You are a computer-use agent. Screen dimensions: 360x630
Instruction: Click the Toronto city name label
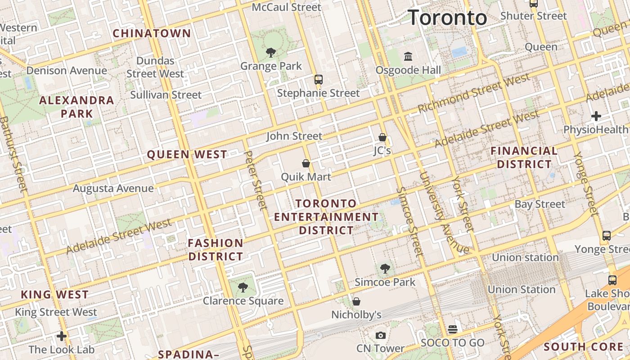click(x=447, y=18)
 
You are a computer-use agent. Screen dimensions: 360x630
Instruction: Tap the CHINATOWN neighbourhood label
click(x=152, y=33)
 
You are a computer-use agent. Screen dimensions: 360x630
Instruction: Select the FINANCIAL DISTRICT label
click(x=524, y=157)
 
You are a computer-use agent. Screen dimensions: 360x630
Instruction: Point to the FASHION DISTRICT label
click(x=216, y=250)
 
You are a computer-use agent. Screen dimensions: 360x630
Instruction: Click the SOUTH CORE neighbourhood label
click(x=583, y=346)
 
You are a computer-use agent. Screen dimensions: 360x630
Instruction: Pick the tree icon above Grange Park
click(x=270, y=53)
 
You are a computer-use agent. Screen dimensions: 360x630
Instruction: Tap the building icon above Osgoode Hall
click(x=408, y=57)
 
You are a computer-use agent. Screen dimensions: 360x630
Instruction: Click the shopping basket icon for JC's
click(x=382, y=137)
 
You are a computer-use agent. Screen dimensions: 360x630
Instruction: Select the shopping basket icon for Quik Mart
click(x=306, y=163)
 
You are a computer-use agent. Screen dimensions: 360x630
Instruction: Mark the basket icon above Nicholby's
click(x=356, y=301)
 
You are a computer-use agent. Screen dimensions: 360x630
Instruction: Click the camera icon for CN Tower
click(x=380, y=335)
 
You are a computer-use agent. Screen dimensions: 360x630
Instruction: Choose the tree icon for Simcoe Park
click(x=385, y=269)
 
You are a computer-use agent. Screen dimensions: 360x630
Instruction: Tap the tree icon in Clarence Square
click(x=243, y=287)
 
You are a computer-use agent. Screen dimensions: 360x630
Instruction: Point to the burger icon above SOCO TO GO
click(x=452, y=329)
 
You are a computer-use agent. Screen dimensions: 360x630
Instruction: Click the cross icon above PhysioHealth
click(x=596, y=116)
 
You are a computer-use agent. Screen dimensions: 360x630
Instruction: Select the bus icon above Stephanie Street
click(x=319, y=80)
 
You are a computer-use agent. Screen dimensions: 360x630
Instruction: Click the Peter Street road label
click(x=255, y=180)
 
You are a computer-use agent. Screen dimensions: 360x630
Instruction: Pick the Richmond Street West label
click(x=474, y=94)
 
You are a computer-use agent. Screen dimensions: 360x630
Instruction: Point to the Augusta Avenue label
click(x=113, y=188)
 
